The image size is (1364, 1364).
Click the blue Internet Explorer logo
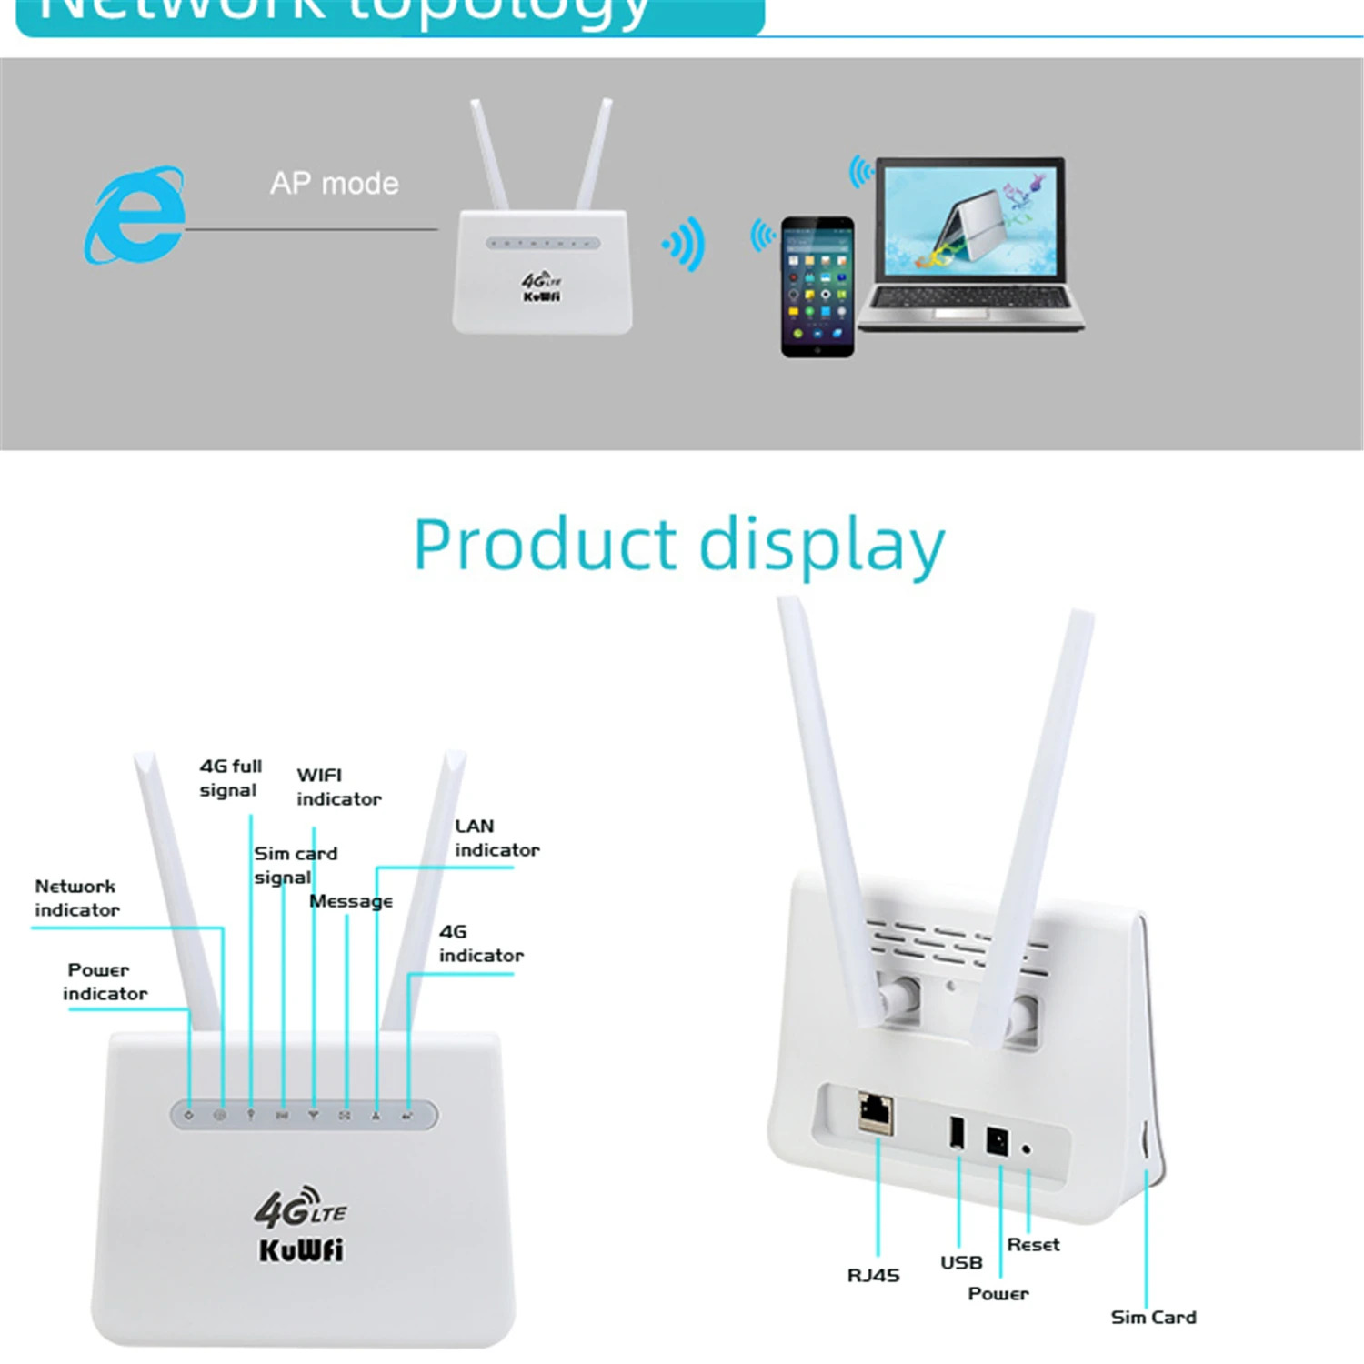point(135,216)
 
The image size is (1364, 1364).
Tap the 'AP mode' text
point(334,184)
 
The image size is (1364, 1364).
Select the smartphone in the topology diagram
point(817,286)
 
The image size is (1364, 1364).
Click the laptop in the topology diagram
point(969,244)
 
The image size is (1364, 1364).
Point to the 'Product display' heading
point(679,545)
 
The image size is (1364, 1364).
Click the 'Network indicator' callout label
point(76,898)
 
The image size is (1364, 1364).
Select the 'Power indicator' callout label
point(104,981)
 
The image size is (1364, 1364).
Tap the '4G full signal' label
point(230,778)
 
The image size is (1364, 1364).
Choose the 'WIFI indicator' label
point(337,787)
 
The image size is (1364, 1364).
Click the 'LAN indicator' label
point(496,837)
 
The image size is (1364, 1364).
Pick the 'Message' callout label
point(351,901)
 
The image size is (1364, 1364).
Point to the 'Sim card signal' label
point(294,865)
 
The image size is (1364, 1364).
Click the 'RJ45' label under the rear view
point(873,1275)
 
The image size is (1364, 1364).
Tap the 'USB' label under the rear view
point(961,1262)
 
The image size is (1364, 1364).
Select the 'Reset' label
point(1033,1244)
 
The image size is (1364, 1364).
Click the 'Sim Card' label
point(1153,1317)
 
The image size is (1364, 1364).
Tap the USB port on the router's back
point(957,1132)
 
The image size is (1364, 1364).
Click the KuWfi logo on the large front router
point(301,1249)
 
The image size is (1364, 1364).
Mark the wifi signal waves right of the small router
point(687,244)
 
